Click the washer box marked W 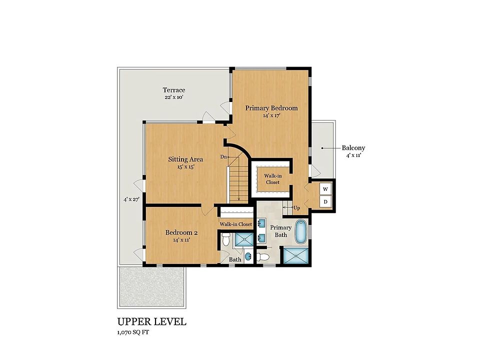[x=325, y=189]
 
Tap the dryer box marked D [x=325, y=201]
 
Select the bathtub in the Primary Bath [x=301, y=231]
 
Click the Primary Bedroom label [x=271, y=108]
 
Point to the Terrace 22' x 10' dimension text [x=174, y=97]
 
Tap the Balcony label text [x=353, y=148]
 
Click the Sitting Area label [x=185, y=159]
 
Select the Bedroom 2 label [x=181, y=232]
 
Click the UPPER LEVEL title [x=152, y=321]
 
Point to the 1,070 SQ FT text [x=133, y=332]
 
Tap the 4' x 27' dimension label [x=131, y=199]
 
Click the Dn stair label [x=223, y=157]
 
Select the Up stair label [x=296, y=208]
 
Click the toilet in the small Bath [x=226, y=239]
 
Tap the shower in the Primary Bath [x=295, y=255]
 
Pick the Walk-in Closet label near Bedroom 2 [x=235, y=224]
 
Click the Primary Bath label [x=280, y=231]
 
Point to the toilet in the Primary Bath [x=262, y=257]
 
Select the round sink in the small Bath [x=247, y=256]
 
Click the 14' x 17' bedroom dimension [x=271, y=115]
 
